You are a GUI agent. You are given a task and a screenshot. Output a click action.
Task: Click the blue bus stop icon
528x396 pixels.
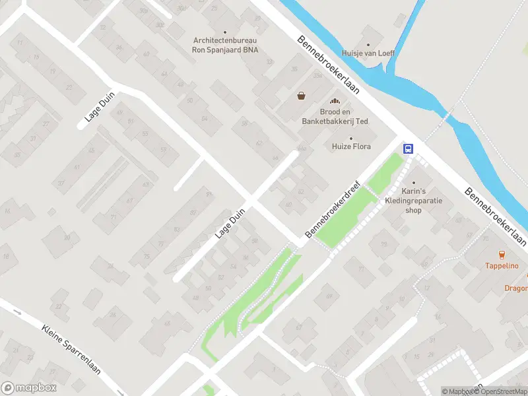[x=409, y=148]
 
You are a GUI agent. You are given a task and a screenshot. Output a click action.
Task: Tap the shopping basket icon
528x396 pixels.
[x=302, y=96]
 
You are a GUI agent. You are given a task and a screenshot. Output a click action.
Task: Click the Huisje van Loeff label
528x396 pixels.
[x=368, y=53]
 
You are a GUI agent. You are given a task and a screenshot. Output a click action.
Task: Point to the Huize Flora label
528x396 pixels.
[x=351, y=147]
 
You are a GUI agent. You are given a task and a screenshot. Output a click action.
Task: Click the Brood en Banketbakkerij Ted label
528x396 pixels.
[x=335, y=117]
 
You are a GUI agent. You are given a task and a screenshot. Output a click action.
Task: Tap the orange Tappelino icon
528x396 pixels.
[x=502, y=255]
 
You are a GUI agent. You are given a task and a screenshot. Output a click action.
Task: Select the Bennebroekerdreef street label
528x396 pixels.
[x=335, y=210]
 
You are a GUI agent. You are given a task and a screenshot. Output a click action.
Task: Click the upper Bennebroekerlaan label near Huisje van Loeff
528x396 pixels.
[x=328, y=65]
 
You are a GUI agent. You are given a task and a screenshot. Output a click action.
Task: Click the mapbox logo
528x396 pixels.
[x=28, y=388]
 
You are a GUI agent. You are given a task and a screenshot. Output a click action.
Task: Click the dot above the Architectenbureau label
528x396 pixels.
[x=224, y=32]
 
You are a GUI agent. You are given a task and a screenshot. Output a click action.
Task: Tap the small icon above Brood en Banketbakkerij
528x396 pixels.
[x=335, y=101]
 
